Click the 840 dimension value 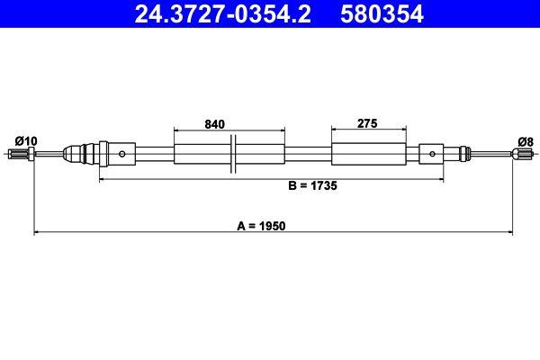point(214,124)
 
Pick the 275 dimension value point(365,124)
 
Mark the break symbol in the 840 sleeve point(232,154)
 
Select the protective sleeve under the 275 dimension point(366,154)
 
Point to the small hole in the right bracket point(433,154)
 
